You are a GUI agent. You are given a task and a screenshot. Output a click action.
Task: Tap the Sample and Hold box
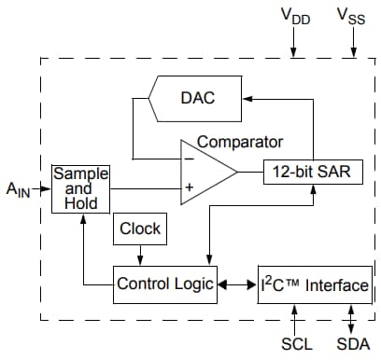pyautogui.click(x=80, y=187)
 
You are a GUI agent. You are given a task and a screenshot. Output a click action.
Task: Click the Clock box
pyautogui.click(x=140, y=228)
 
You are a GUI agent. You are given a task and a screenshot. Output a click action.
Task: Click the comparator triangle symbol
pyautogui.click(x=207, y=173)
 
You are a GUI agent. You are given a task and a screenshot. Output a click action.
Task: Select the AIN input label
pyautogui.click(x=20, y=190)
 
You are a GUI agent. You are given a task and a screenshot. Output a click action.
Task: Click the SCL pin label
pyautogui.click(x=296, y=343)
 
